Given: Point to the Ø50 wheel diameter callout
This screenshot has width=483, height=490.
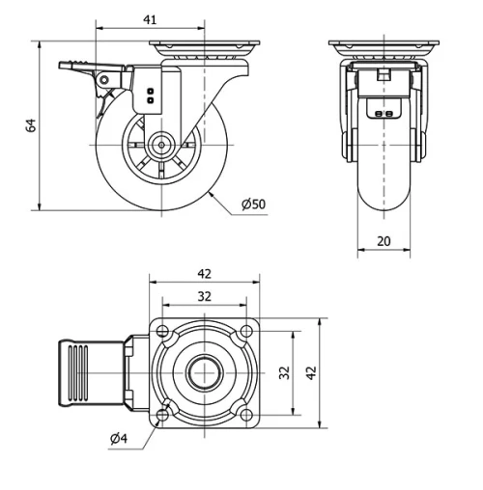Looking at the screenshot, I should click(x=253, y=204).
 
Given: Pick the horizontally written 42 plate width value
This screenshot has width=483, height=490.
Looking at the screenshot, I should click(x=205, y=274).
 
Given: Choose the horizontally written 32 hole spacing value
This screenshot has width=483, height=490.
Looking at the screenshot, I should click(x=205, y=296).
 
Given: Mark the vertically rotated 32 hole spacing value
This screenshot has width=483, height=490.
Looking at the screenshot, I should click(x=284, y=372).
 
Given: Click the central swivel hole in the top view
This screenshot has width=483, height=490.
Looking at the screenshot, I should click(x=205, y=372).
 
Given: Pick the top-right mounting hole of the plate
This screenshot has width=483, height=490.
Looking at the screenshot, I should click(x=246, y=331).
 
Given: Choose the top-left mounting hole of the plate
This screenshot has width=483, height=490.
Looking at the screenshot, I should click(x=162, y=331).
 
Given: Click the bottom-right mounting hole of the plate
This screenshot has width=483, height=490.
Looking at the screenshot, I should click(x=246, y=414).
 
